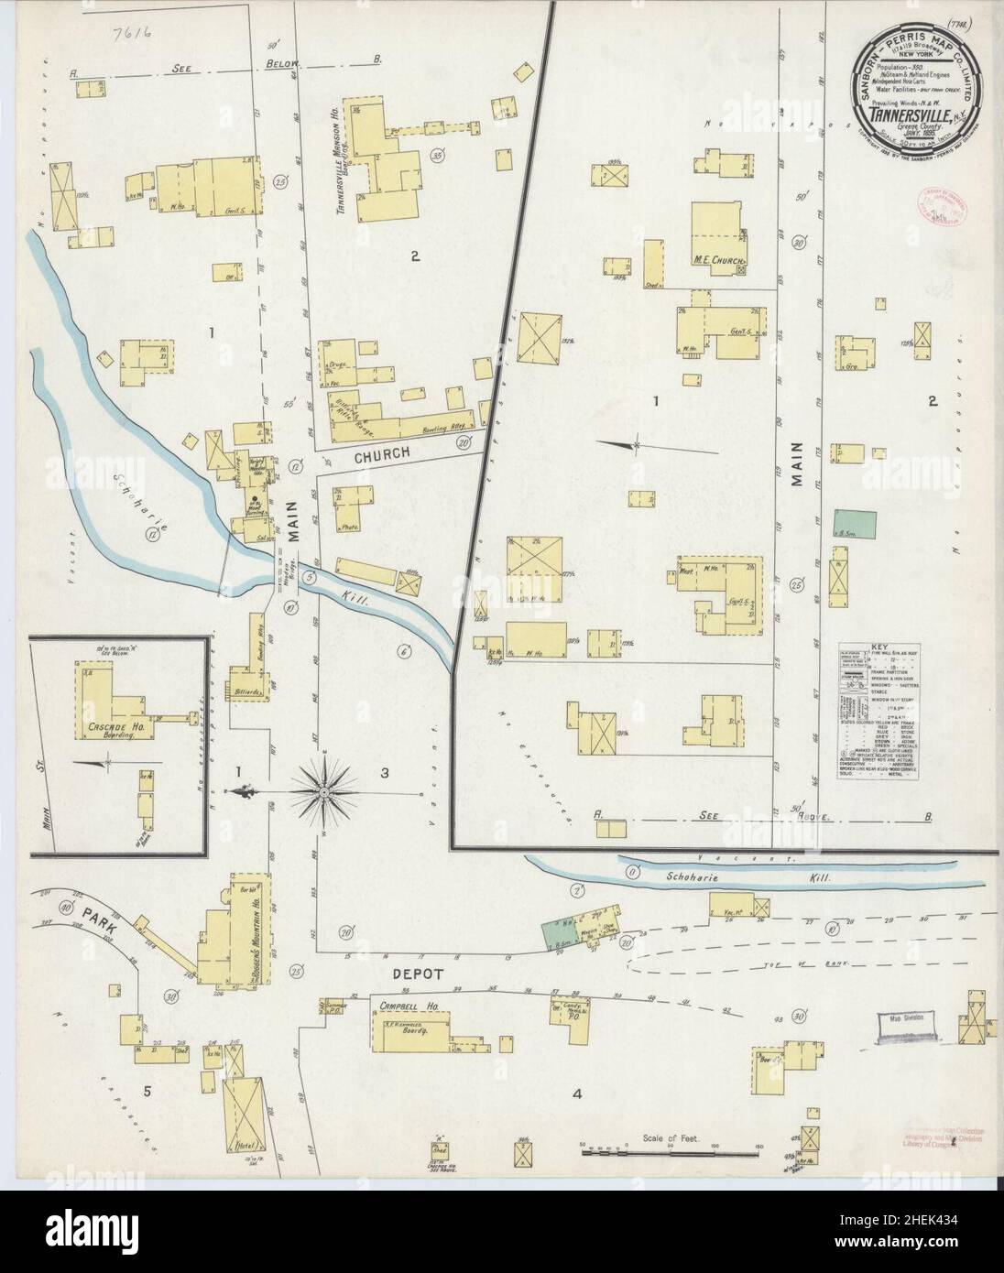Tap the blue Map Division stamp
(903, 1018)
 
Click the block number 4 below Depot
(577, 1093)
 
